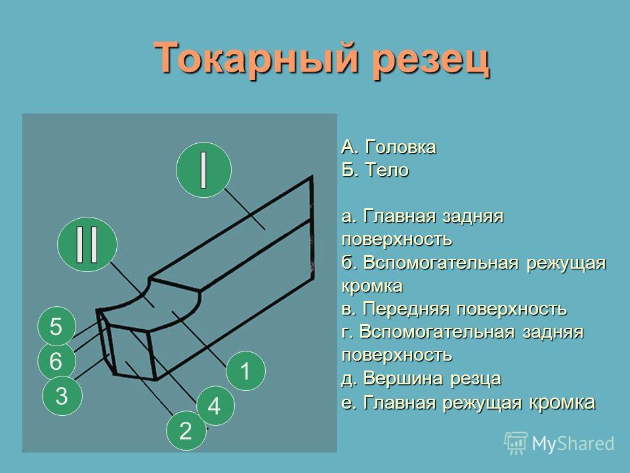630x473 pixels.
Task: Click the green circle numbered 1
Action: pyautogui.click(x=245, y=371)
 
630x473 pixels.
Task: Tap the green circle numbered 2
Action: pyautogui.click(x=186, y=430)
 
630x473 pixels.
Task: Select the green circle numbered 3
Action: pyautogui.click(x=62, y=395)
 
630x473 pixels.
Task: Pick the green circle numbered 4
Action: pyautogui.click(x=215, y=406)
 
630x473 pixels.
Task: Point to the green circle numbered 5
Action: pyautogui.click(x=56, y=327)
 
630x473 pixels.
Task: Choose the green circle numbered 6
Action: pyautogui.click(x=56, y=361)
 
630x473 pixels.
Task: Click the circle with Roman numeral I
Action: pyautogui.click(x=203, y=169)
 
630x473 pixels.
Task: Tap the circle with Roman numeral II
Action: pyautogui.click(x=87, y=244)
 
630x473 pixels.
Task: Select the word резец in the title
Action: pyautogui.click(x=430, y=60)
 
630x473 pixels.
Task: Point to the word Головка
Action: pyautogui.click(x=400, y=147)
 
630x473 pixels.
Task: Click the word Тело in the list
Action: pyautogui.click(x=387, y=170)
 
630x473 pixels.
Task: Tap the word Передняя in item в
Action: pyautogui.click(x=408, y=309)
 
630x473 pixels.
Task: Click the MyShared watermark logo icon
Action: pyautogui.click(x=516, y=443)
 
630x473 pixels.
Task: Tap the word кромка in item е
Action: pyautogui.click(x=562, y=403)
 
